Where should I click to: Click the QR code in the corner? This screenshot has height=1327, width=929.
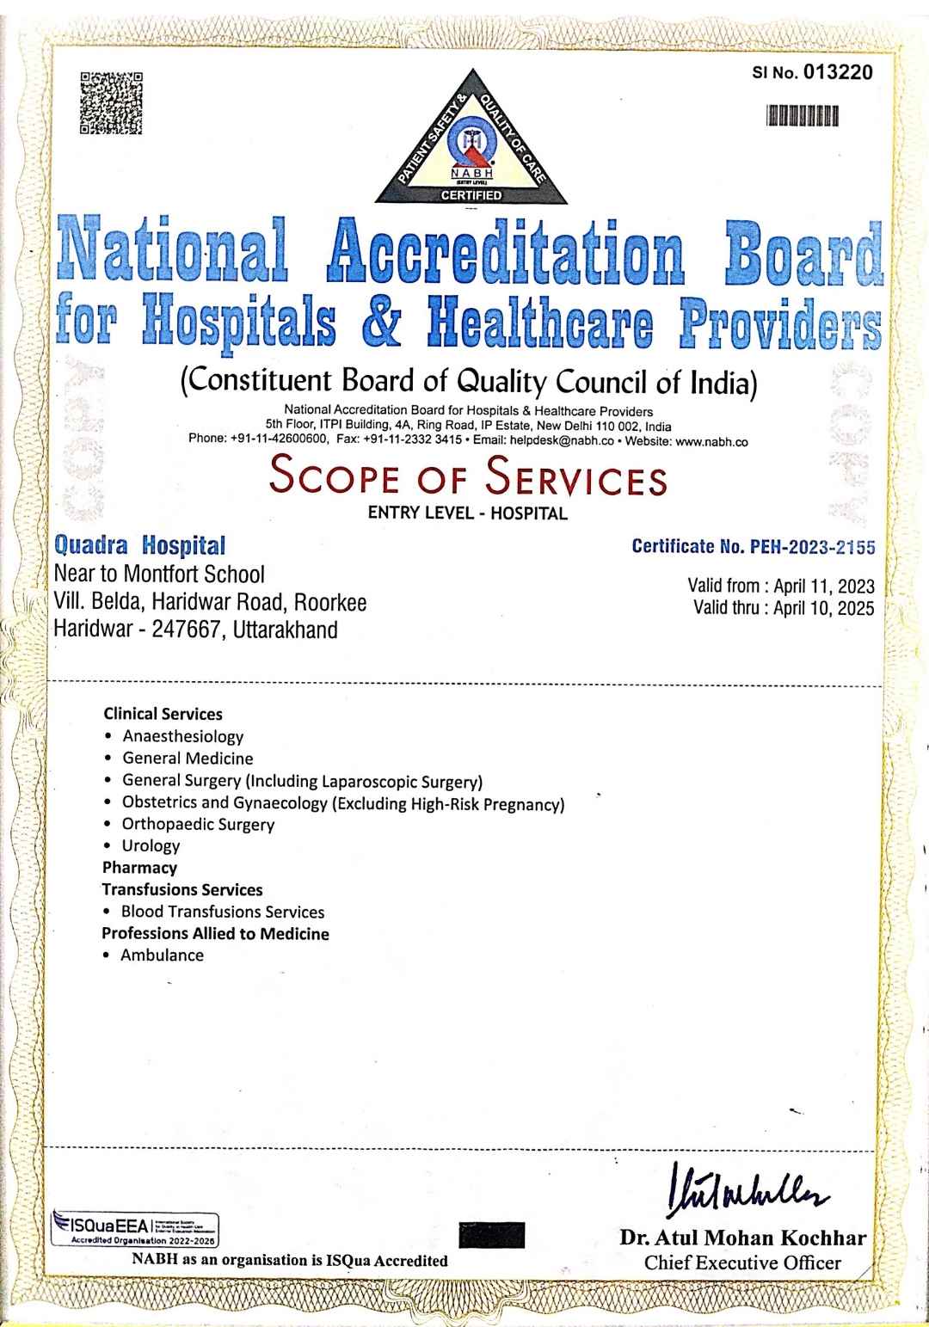pos(111,104)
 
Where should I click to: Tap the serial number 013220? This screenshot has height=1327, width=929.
pos(838,71)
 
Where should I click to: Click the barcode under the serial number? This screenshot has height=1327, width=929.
pos(802,115)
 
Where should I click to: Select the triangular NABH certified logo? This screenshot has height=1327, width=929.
pos(471,142)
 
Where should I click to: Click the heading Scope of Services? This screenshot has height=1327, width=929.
pos(468,478)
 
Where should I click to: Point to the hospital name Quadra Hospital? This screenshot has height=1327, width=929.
pos(139,545)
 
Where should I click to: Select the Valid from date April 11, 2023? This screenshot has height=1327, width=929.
pos(824,587)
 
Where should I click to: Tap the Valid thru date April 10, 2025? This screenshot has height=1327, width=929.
pos(824,608)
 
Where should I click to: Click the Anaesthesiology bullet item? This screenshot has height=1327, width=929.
pos(183,736)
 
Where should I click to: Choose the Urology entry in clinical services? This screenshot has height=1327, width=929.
pos(151,845)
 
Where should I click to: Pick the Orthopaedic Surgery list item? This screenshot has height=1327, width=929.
pos(198,824)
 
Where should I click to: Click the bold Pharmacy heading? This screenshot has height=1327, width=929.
pos(139,867)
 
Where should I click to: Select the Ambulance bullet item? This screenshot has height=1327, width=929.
pos(162,955)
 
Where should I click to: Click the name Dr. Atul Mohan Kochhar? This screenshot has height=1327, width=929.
pos(742,1238)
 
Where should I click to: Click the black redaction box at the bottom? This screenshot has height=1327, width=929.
pos(492,1234)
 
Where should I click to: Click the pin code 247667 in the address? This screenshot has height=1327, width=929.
pos(181,630)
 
